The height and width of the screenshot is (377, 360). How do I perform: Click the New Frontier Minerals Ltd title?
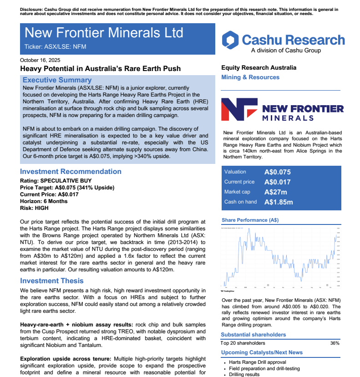pos(104,33)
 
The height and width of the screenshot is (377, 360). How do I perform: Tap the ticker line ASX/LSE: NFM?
pos(55,46)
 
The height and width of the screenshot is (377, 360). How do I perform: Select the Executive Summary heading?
pos(57,80)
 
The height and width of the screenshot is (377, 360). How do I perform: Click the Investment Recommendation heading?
pos(71,172)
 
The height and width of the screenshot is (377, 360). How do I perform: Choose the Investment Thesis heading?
pos(52,281)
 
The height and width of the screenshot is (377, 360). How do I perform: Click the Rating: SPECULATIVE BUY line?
pos(53,181)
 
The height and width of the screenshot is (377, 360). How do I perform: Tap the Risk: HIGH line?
pos(34,208)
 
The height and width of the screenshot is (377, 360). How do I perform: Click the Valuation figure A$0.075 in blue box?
pos(277,172)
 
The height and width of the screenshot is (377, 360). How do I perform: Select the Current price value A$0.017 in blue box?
pos(277,182)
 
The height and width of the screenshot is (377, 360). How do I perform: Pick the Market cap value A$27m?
pos(275,192)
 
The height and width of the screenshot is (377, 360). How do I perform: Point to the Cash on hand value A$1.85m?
pos(279,202)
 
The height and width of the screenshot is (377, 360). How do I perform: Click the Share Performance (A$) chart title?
pos(250,220)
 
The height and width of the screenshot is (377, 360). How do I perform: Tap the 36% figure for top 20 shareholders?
pos(335,343)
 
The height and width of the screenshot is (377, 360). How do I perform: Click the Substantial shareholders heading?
pos(254,335)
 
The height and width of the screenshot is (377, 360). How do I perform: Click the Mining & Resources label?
pos(250,77)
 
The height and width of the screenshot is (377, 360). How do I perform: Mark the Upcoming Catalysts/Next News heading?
pos(262,352)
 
